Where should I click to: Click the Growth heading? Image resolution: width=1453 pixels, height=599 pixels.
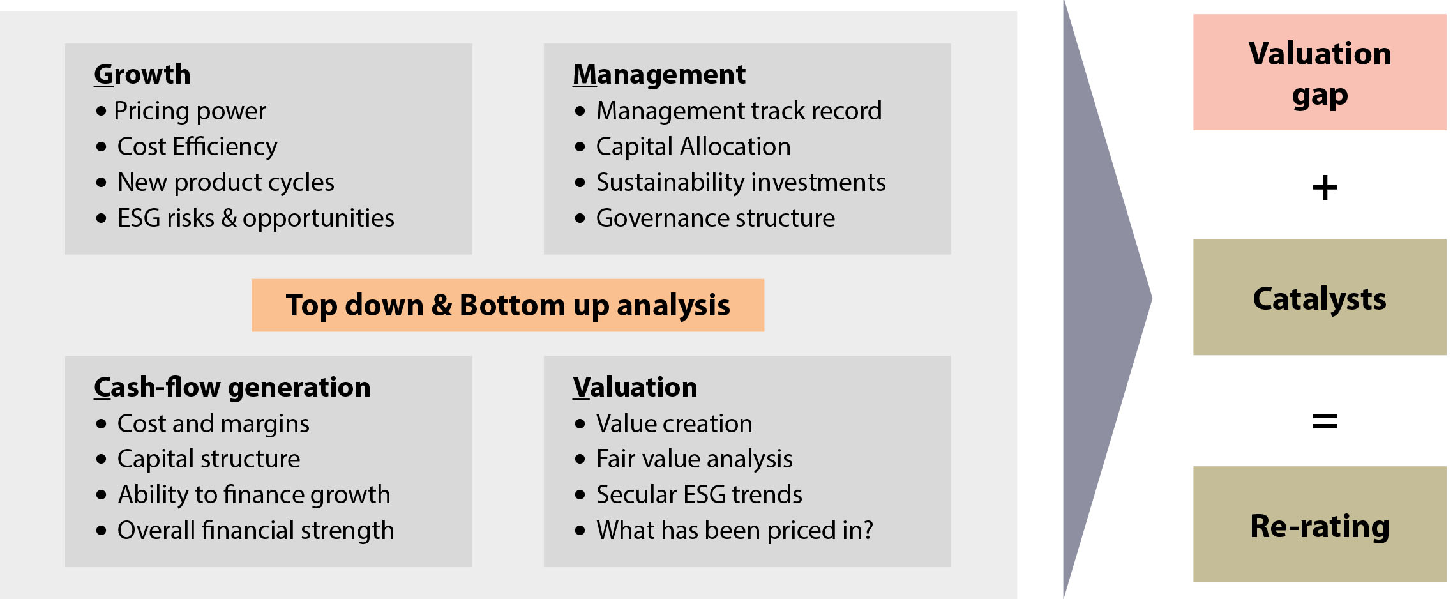point(142,75)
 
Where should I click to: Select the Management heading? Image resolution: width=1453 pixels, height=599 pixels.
point(659,75)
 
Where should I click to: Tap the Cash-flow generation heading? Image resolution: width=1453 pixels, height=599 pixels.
point(232,388)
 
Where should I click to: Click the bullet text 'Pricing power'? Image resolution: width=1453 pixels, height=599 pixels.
point(190,111)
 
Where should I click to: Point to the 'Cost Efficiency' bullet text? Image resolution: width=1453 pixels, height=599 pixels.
point(197,147)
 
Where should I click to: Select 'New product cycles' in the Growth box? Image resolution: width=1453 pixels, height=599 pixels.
point(226,183)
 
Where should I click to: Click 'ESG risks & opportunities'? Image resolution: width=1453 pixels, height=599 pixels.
point(256,218)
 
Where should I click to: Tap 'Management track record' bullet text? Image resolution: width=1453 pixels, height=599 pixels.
point(739,111)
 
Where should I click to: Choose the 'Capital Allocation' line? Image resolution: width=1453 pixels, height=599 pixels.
point(693,147)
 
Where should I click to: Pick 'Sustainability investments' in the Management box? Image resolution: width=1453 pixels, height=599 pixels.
point(741,183)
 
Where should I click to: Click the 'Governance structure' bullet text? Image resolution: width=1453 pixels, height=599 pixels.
point(716,218)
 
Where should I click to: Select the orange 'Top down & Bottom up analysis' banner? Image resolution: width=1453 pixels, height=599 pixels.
point(508,305)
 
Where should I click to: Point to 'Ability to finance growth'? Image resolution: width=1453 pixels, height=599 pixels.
point(254,495)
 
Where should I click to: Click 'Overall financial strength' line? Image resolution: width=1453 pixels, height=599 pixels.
point(256,531)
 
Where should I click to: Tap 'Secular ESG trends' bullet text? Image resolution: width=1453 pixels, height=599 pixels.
point(699,495)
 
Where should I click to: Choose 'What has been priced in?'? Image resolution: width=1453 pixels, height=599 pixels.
point(735,531)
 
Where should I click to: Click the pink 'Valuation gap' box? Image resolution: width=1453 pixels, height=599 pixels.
point(1320,72)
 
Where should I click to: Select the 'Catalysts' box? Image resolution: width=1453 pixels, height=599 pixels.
point(1320,297)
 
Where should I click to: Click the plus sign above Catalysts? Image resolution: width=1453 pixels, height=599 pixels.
point(1325,188)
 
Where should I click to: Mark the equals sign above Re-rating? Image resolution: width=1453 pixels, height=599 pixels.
point(1325,421)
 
